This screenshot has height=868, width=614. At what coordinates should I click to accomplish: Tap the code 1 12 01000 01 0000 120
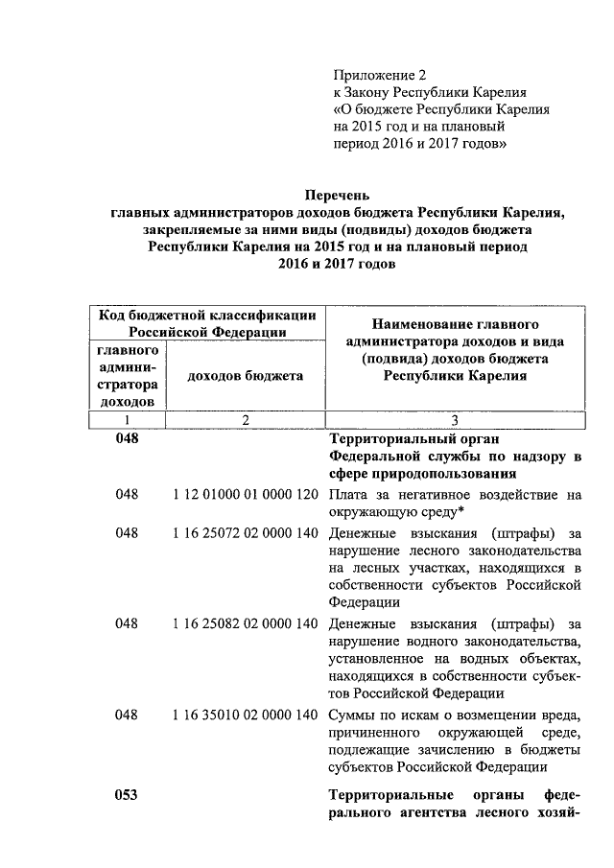coord(246,495)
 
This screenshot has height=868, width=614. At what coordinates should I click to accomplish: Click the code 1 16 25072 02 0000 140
coord(246,532)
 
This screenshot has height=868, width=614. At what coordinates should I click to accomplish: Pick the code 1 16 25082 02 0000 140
coord(246,623)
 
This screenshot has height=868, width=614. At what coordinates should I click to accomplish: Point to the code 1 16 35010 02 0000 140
coord(246,715)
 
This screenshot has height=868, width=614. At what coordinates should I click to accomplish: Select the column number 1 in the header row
coord(127,420)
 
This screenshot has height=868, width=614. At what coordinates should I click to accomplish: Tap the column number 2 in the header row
coord(246,420)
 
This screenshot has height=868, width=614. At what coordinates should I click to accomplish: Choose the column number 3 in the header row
coord(455,420)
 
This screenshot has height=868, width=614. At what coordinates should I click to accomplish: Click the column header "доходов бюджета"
coord(246,376)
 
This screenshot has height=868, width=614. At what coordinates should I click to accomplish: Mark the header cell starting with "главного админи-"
coord(128,376)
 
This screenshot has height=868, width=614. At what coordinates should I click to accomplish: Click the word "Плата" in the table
coord(347,495)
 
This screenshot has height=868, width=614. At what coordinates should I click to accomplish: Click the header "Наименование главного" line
coord(455,324)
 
